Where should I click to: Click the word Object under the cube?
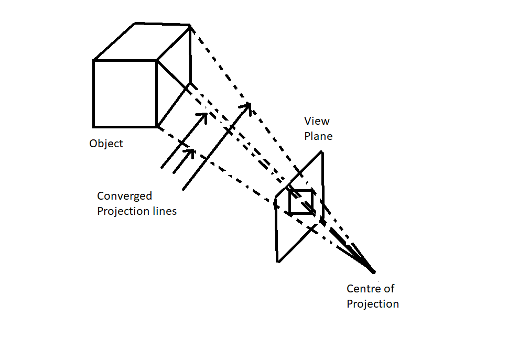[x=106, y=144]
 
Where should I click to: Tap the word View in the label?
[x=317, y=121]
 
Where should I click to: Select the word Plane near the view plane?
[x=318, y=136]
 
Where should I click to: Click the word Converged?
[x=125, y=197]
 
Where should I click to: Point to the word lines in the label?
[x=163, y=212]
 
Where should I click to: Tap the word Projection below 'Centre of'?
[x=373, y=304]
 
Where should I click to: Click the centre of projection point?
[x=373, y=271]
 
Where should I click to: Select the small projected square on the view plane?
[x=301, y=202]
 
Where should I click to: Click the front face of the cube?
[x=125, y=94]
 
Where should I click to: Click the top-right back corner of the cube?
[x=189, y=25]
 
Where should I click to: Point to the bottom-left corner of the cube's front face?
[x=94, y=127]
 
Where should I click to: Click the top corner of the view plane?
[x=322, y=152]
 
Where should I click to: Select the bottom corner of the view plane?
[x=277, y=261]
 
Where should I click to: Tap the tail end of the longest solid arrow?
[x=183, y=189]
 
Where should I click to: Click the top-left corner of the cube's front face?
[x=94, y=61]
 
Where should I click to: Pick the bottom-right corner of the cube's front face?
[x=157, y=127]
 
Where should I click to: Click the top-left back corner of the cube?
[x=135, y=24]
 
